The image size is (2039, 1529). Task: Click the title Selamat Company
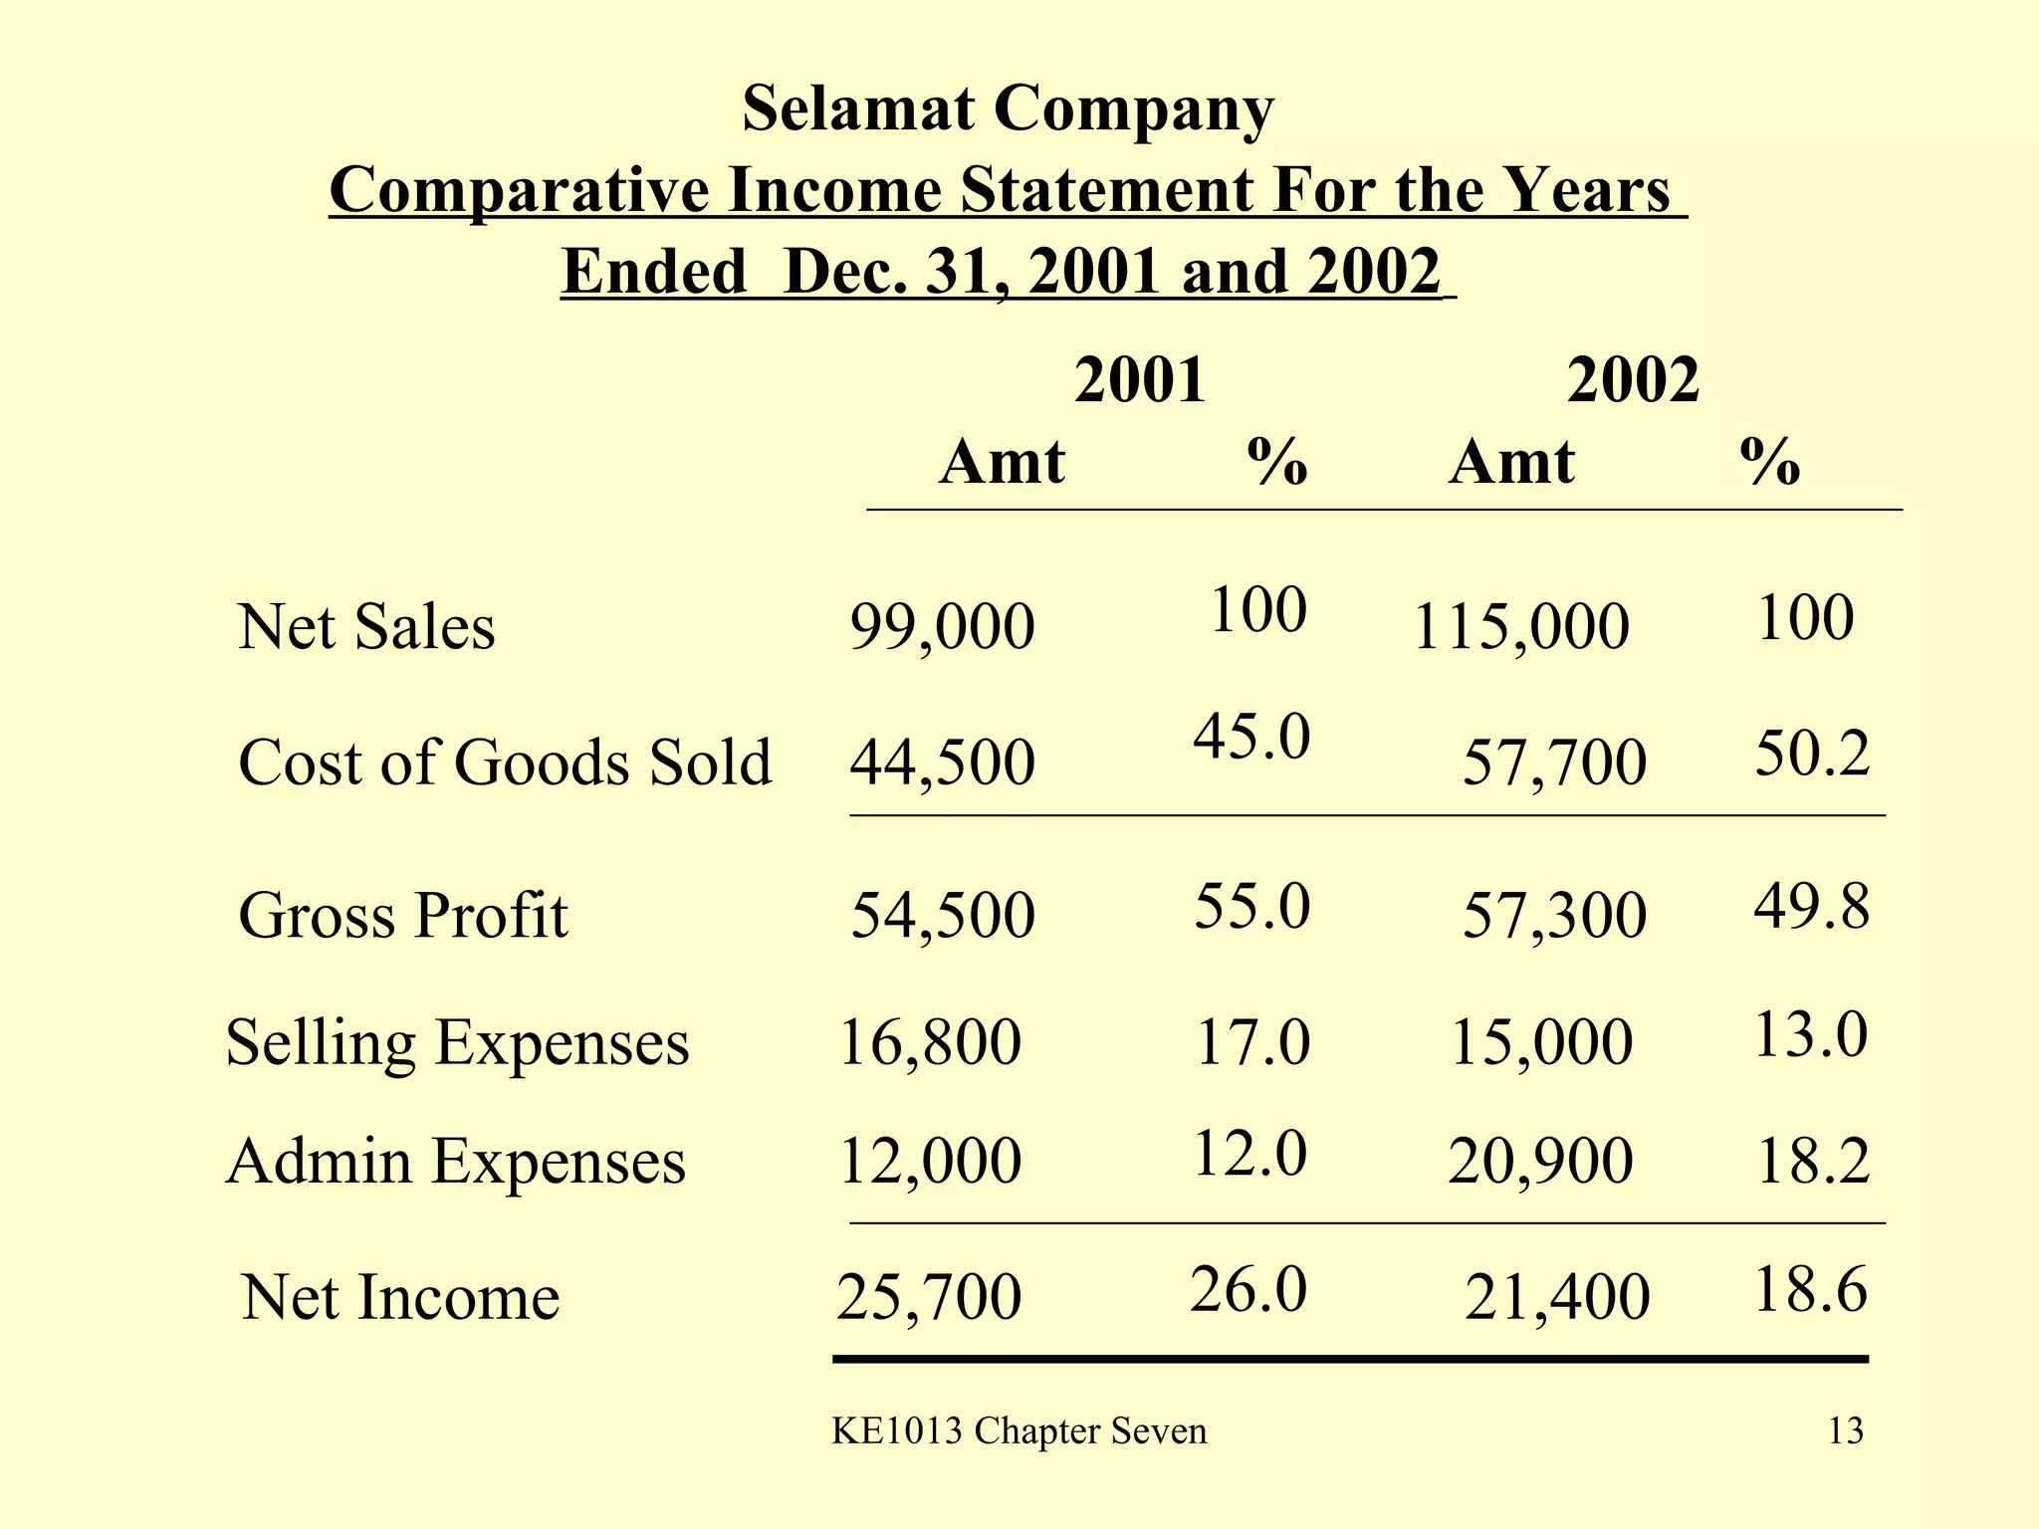point(1008,109)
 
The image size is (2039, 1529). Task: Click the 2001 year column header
point(1140,380)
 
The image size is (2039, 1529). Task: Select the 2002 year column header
point(1633,380)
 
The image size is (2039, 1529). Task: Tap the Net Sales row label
point(366,628)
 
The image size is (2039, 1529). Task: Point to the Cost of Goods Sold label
point(505,764)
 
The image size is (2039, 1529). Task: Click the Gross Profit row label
point(403,916)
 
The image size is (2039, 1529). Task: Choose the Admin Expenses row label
point(456,1162)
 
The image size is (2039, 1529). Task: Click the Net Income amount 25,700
point(929,1298)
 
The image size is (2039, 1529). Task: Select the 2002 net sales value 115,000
point(1520,628)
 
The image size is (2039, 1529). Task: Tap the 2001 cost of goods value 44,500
point(942,764)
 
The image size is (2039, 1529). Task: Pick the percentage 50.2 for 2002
point(1812,754)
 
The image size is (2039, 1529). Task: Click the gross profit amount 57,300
point(1554,916)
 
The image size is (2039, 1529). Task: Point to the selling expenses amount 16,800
point(930,1043)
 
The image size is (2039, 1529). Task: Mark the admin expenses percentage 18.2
point(1813,1162)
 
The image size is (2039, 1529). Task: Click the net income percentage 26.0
point(1247,1291)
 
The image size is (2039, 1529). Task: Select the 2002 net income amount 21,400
point(1557,1298)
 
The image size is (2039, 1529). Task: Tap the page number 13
point(1845,1431)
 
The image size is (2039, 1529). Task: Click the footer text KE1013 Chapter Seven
point(1019,1431)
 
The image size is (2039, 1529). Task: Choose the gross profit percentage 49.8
point(1812,908)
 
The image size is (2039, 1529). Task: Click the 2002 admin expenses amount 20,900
point(1540,1162)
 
